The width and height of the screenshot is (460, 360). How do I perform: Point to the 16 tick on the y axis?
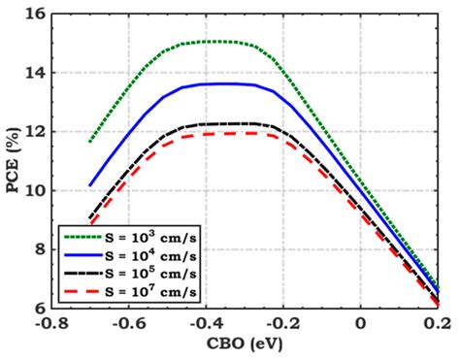pyautogui.click(x=33, y=14)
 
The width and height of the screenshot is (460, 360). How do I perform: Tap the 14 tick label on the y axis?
pyautogui.click(x=33, y=73)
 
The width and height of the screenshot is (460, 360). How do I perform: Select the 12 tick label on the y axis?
pyautogui.click(x=33, y=132)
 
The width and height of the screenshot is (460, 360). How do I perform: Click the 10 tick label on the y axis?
pyautogui.click(x=33, y=190)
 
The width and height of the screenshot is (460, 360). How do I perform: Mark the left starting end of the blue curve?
pyautogui.click(x=89, y=184)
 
